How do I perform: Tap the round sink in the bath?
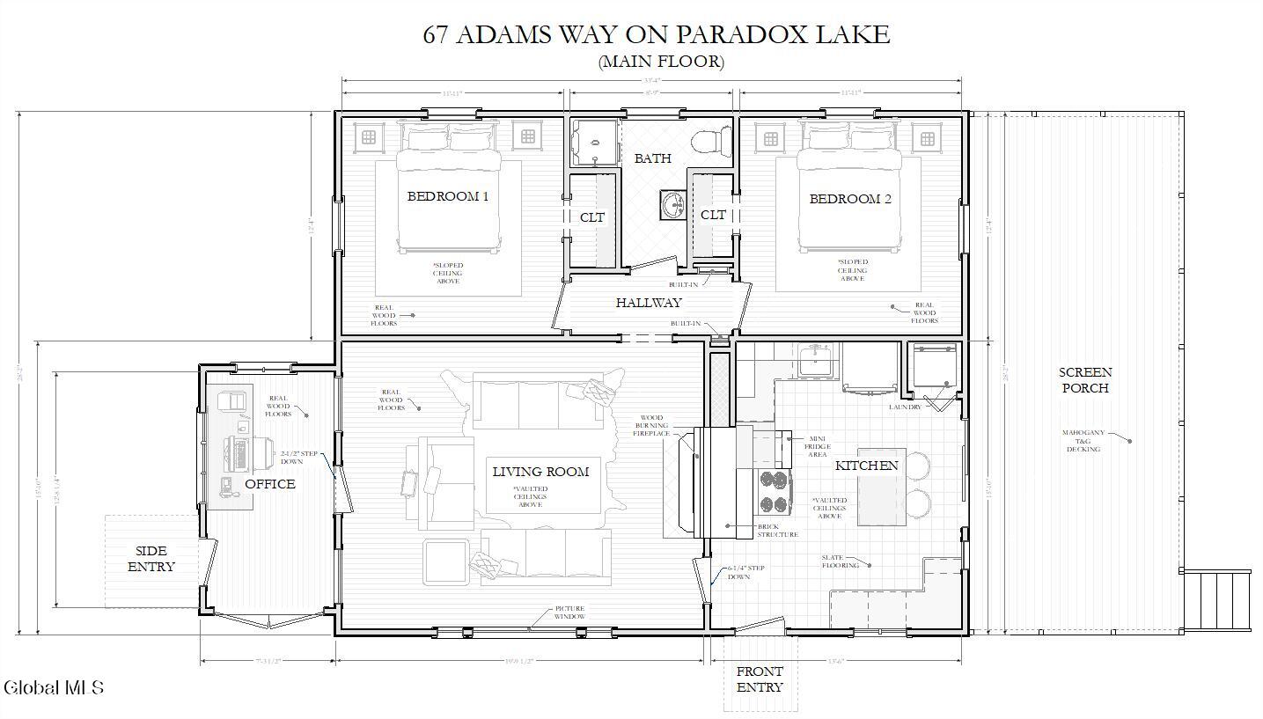pos(673,205)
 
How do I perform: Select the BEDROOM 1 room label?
pos(448,196)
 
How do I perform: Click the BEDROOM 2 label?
pos(850,199)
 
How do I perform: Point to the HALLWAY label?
pos(649,303)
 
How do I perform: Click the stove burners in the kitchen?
pos(774,492)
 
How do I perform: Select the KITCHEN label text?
pos(866,466)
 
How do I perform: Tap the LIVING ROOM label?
pos(540,472)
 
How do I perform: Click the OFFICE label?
pos(269,484)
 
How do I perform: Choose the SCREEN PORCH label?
pos(1084,380)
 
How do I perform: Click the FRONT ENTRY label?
pos(760,679)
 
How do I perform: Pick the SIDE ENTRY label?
pos(151,559)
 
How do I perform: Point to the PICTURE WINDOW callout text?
pos(569,613)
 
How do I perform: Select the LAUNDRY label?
pos(905,407)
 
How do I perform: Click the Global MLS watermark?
pos(54,687)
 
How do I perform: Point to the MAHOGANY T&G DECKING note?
pos(1083,441)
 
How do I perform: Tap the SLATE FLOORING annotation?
pos(841,561)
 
